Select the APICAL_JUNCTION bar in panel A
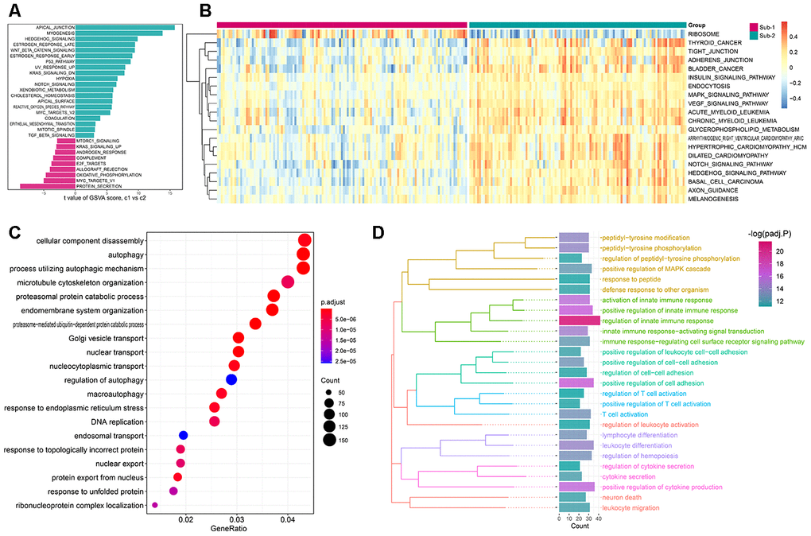tap(124, 28)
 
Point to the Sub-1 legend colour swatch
tap(754, 28)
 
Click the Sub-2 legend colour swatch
tap(754, 36)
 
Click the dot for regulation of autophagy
tap(231, 379)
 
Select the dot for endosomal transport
tap(183, 435)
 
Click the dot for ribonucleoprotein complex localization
tap(155, 505)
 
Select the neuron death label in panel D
tap(619, 496)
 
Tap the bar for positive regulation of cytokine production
tap(576, 486)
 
